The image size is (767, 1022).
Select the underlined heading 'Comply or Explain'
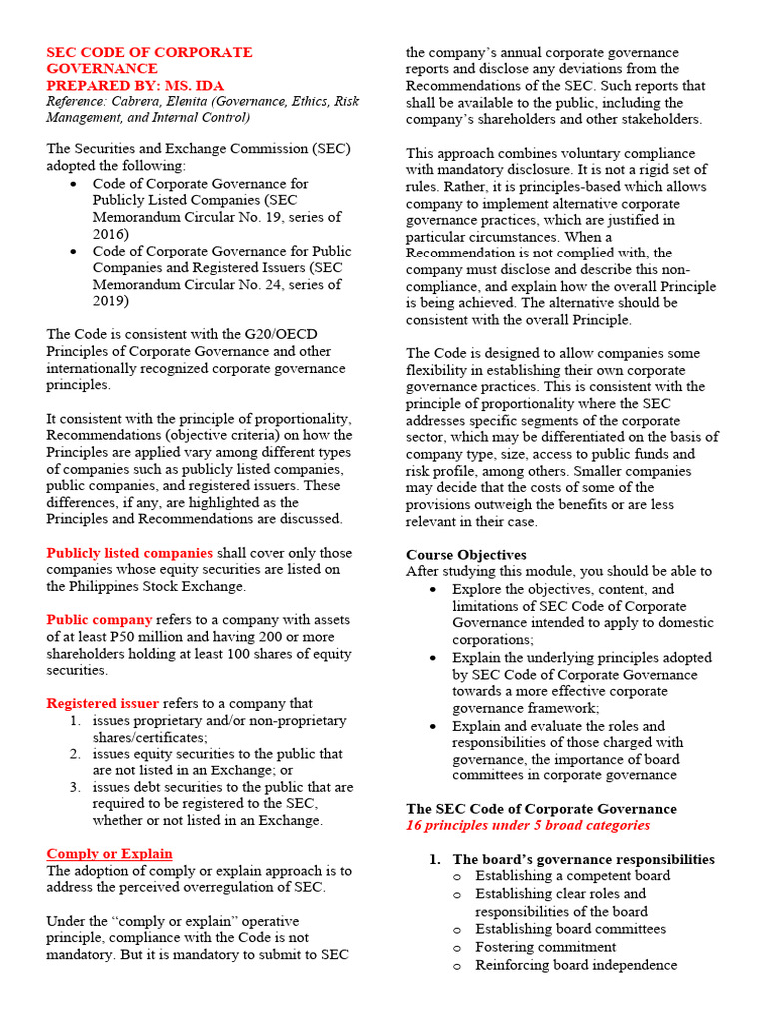(x=109, y=853)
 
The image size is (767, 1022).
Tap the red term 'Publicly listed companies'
(x=129, y=553)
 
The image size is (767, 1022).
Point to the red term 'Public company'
(x=99, y=620)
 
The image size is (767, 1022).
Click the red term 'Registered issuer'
(x=103, y=703)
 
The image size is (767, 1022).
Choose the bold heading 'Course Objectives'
(x=466, y=555)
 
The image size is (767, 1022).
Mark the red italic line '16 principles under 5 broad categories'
(x=527, y=825)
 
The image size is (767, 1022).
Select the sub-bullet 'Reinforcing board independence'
(x=576, y=965)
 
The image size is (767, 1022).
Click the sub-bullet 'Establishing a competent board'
(x=572, y=876)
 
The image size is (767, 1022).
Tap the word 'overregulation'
(x=242, y=887)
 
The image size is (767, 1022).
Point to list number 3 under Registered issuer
(x=75, y=787)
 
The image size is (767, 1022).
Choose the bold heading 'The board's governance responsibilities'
(x=583, y=859)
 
